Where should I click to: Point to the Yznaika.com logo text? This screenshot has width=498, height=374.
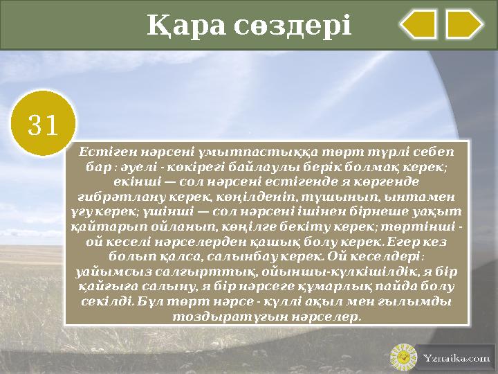(x=456, y=358)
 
